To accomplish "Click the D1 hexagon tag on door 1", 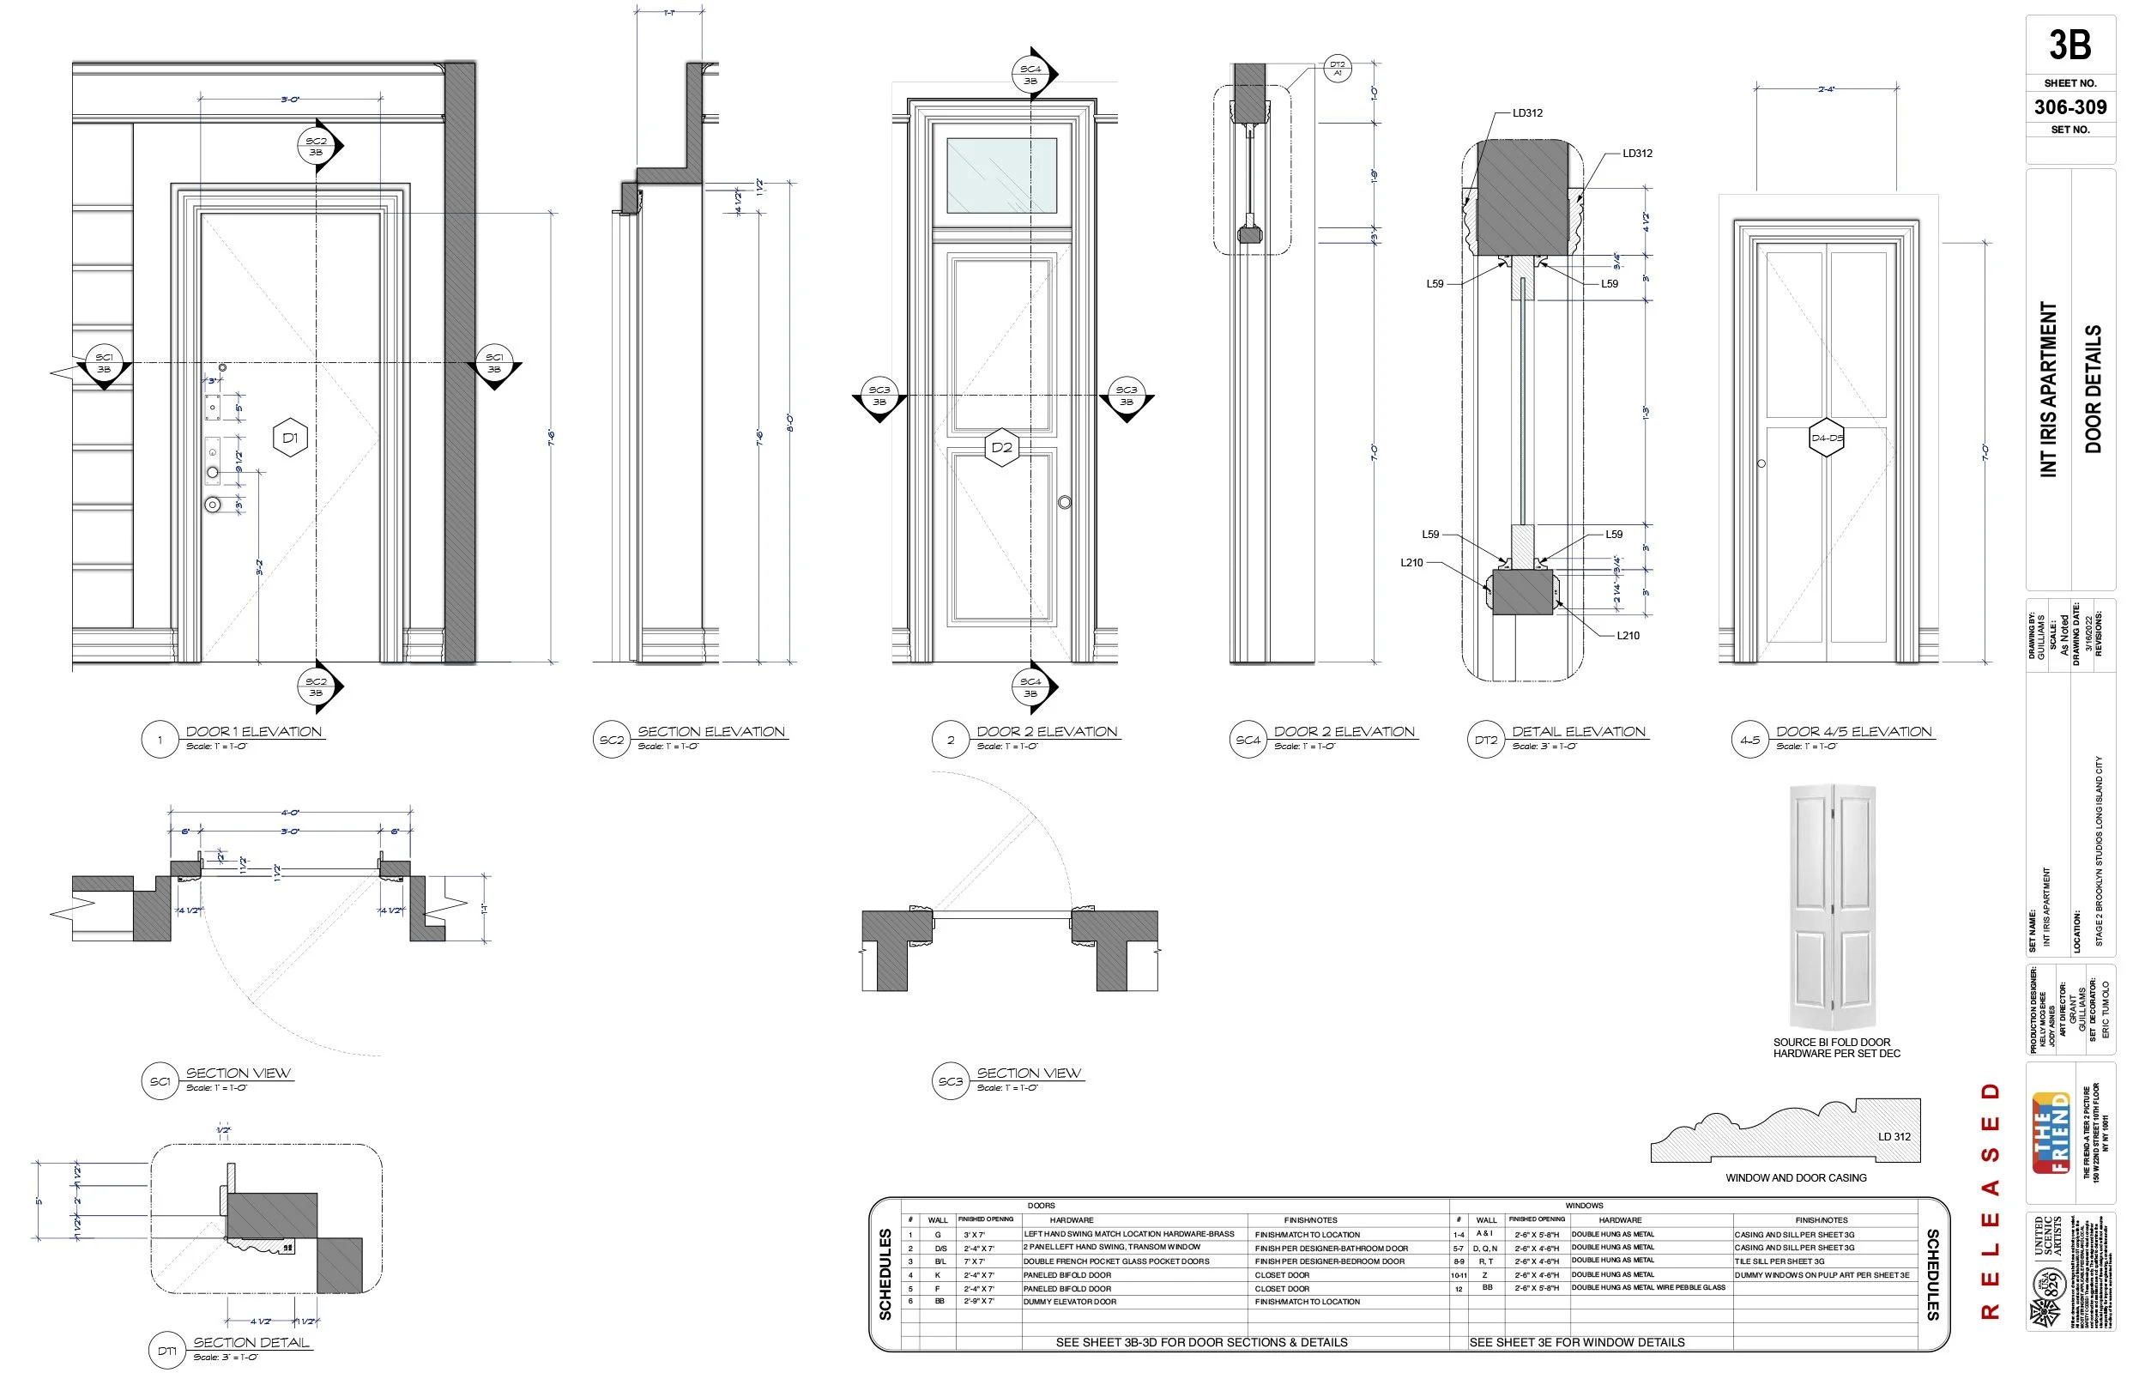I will point(290,438).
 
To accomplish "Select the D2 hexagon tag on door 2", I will point(1001,447).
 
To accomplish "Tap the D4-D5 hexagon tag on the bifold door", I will point(1826,438).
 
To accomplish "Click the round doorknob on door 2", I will point(1065,502).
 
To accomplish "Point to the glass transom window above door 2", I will point(1001,175).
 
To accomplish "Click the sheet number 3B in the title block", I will point(2069,45).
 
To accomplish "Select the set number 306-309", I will point(2069,107).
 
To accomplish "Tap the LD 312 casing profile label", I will point(1894,1136).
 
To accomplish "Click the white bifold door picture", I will point(1833,907).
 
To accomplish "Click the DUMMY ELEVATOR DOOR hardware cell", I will point(1070,1302).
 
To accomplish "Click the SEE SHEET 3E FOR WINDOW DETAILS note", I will point(1576,1342).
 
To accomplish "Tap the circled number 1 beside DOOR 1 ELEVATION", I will point(160,741).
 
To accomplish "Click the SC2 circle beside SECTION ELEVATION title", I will point(611,741).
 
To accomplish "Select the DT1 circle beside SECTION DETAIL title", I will point(166,1351).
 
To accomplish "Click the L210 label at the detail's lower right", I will point(1628,636).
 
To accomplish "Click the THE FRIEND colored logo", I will point(2051,1132).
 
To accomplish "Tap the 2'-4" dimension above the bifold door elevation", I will point(1826,89).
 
